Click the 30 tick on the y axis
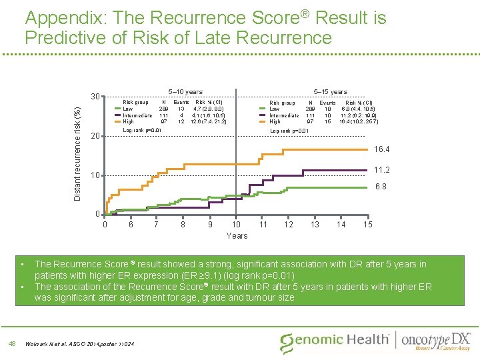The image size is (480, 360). tap(95, 97)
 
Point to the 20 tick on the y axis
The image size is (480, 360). tap(95, 136)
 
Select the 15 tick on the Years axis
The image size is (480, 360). tap(367, 225)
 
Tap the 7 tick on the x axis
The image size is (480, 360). tap(157, 225)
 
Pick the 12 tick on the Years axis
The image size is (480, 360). tap(289, 225)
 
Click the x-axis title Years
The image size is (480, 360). tap(237, 235)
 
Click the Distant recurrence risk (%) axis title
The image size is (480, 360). tap(77, 155)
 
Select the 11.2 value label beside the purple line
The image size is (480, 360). tap(383, 169)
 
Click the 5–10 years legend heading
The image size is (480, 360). tap(185, 92)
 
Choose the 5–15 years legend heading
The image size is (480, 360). tap(331, 92)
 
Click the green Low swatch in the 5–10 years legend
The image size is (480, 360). tap(117, 109)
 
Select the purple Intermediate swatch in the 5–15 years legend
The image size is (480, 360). tap(262, 115)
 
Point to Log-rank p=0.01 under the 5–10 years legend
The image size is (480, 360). tap(142, 130)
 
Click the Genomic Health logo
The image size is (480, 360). tap(335, 341)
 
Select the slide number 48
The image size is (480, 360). tap(12, 343)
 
